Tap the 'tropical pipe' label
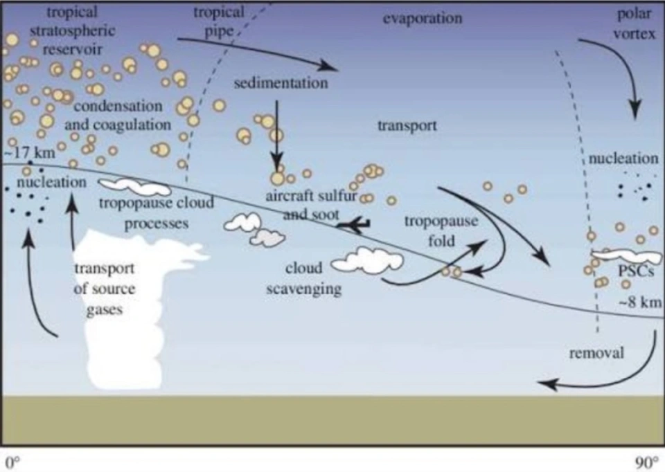point(219,22)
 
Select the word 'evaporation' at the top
point(422,18)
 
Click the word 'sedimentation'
point(281,84)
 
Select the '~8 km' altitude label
point(641,302)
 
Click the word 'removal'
point(596,353)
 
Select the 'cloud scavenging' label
point(304,278)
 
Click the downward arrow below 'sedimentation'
point(277,131)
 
